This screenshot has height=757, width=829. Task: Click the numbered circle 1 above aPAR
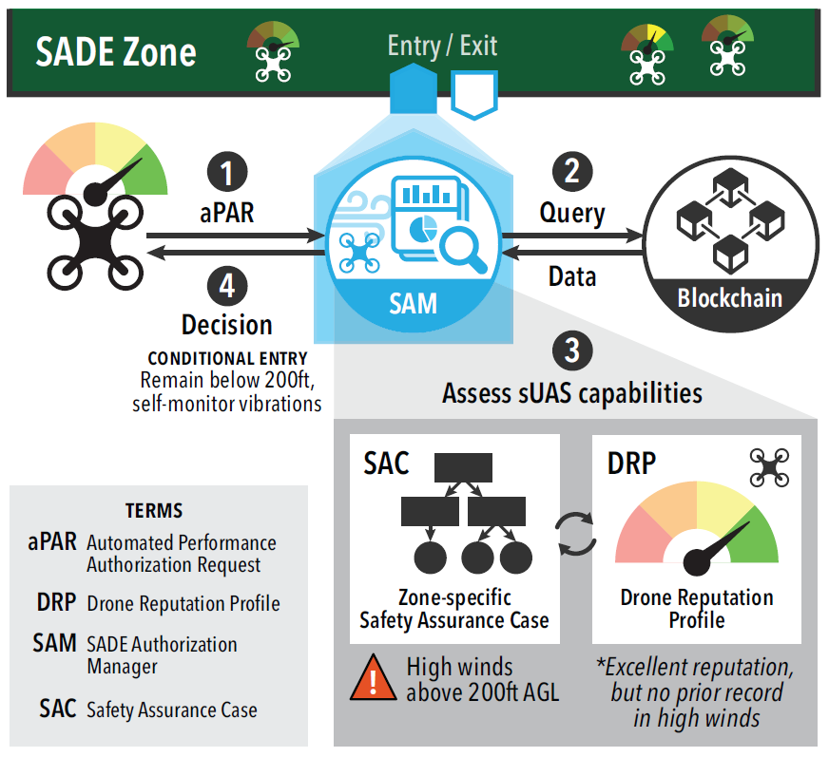pos(227,174)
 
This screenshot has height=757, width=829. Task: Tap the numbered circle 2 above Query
pos(572,172)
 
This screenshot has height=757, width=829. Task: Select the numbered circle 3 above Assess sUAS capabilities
pos(572,350)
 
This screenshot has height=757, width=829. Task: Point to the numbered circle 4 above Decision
pos(227,286)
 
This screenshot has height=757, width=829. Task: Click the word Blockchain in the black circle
pos(729,298)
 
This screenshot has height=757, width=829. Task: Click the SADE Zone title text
pos(116,51)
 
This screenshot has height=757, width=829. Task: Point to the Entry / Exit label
pos(443,46)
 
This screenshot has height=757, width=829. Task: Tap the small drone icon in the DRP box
pos(769,468)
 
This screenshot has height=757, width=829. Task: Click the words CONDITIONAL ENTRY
pos(227,359)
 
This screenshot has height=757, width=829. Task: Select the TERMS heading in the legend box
pos(154,511)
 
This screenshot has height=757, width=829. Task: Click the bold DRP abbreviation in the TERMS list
pos(53,603)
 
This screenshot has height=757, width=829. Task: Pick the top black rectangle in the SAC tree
pos(463,467)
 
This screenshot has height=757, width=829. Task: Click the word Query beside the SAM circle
pos(572,213)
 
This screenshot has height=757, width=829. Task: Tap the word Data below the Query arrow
pos(572,276)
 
